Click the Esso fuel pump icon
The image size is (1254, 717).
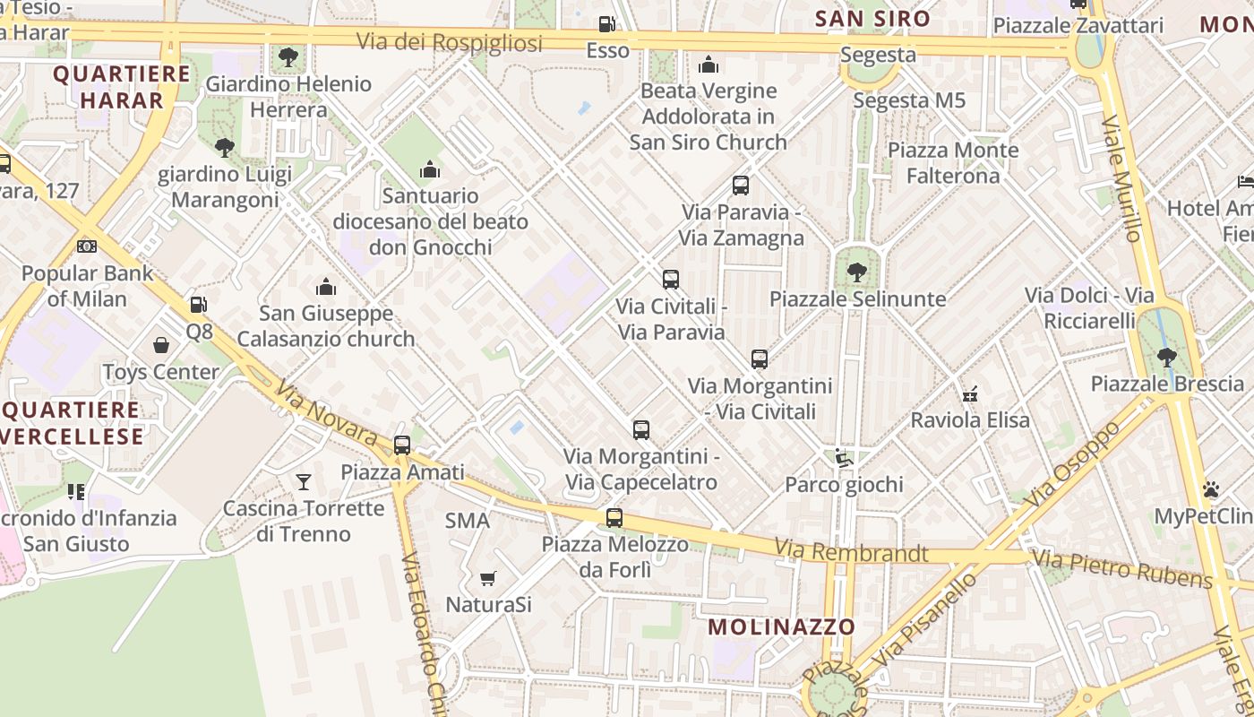607,24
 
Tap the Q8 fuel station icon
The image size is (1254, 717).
199,305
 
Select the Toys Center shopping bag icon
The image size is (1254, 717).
161,345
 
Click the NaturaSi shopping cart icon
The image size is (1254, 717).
488,578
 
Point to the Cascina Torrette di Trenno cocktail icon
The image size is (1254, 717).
304,482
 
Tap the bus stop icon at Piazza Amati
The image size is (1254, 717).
402,445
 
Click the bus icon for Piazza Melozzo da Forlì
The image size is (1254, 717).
614,517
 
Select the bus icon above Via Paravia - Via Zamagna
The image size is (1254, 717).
741,186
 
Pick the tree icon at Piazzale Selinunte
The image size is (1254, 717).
857,271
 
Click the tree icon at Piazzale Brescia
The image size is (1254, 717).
1166,357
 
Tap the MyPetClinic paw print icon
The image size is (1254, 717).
1211,489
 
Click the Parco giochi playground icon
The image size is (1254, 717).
843,458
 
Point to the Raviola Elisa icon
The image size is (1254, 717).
970,393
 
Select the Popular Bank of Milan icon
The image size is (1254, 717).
87,246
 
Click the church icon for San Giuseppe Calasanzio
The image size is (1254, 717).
326,287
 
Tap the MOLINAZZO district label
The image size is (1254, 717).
782,626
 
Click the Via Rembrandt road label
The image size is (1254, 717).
851,551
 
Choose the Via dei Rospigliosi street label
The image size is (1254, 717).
450,42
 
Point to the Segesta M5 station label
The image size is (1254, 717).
909,100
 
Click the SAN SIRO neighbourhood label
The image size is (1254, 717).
872,18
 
